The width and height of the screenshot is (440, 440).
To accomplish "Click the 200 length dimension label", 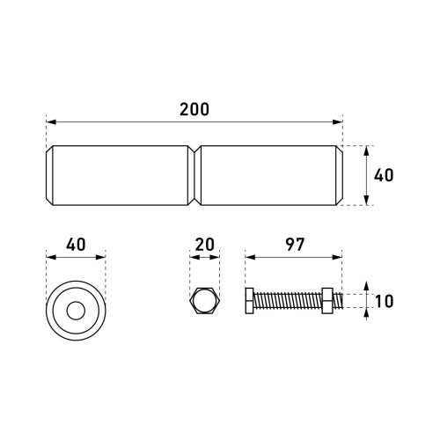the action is (x=194, y=109).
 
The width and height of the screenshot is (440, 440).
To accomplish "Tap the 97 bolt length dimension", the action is (x=295, y=245).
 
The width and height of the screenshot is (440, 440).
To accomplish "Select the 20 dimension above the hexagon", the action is (x=204, y=245).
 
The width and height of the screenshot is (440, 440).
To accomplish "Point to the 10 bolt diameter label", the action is (x=384, y=301).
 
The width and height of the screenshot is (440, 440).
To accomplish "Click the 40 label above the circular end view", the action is (x=76, y=245).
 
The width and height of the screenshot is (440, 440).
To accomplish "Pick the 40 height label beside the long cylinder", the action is (x=384, y=175).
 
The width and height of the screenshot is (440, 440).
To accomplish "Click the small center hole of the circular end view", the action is (x=76, y=311).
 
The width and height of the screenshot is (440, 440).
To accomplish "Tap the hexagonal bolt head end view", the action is (x=204, y=301).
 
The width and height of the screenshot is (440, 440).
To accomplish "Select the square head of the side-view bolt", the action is (x=249, y=301).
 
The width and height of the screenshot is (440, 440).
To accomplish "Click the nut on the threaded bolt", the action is (x=327, y=301).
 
